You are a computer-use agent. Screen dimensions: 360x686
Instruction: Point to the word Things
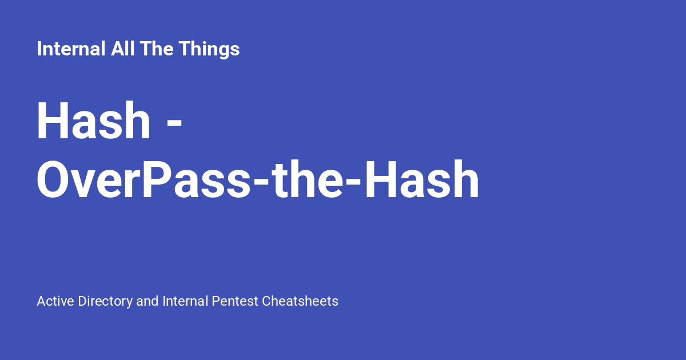[x=209, y=49]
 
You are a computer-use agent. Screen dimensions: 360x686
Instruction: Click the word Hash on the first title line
[x=94, y=121]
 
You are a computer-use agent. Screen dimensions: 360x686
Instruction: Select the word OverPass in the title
[x=143, y=181]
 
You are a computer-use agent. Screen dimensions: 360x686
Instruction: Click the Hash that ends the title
[x=423, y=181]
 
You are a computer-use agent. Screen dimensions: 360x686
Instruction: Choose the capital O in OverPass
[x=55, y=181]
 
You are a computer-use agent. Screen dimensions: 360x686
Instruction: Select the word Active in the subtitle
[x=55, y=301]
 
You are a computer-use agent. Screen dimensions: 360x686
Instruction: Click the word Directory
[x=105, y=301]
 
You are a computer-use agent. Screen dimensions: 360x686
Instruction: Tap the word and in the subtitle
[x=147, y=301]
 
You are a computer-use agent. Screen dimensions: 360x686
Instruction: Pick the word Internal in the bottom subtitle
[x=185, y=301]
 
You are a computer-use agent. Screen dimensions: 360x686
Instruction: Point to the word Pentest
[x=235, y=301]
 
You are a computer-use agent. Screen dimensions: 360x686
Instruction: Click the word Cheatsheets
[x=300, y=301]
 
